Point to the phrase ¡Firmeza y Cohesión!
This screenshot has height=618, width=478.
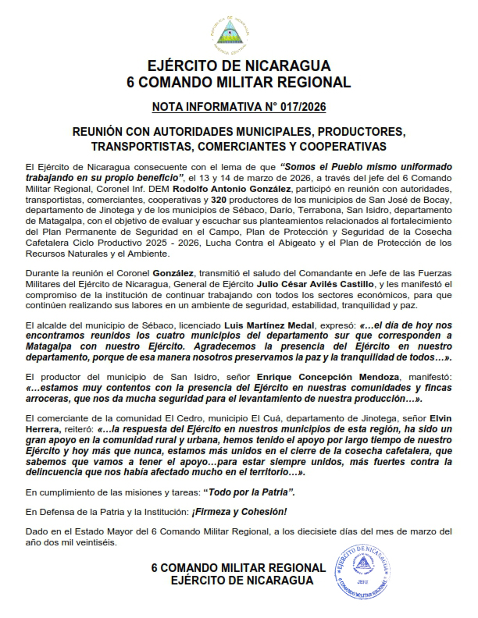click(242, 512)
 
